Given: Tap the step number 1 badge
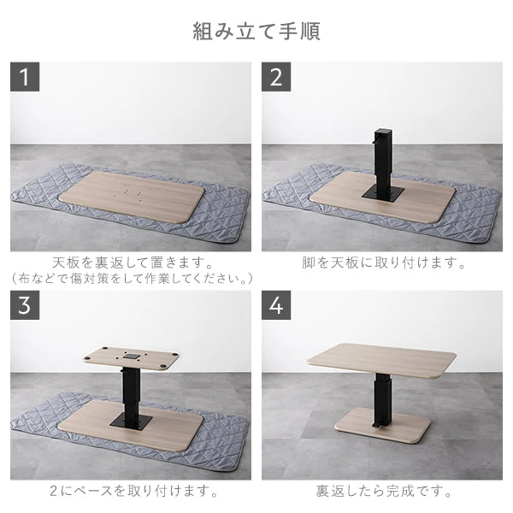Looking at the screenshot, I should click(x=25, y=76).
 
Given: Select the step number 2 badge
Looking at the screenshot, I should click(x=276, y=76).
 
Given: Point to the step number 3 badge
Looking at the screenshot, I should click(x=25, y=305).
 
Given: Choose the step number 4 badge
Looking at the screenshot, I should click(x=276, y=305).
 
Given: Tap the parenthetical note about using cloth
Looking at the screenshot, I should click(x=132, y=279).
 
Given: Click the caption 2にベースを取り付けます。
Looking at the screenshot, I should click(x=132, y=492).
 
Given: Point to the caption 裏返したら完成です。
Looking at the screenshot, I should click(x=382, y=492).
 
